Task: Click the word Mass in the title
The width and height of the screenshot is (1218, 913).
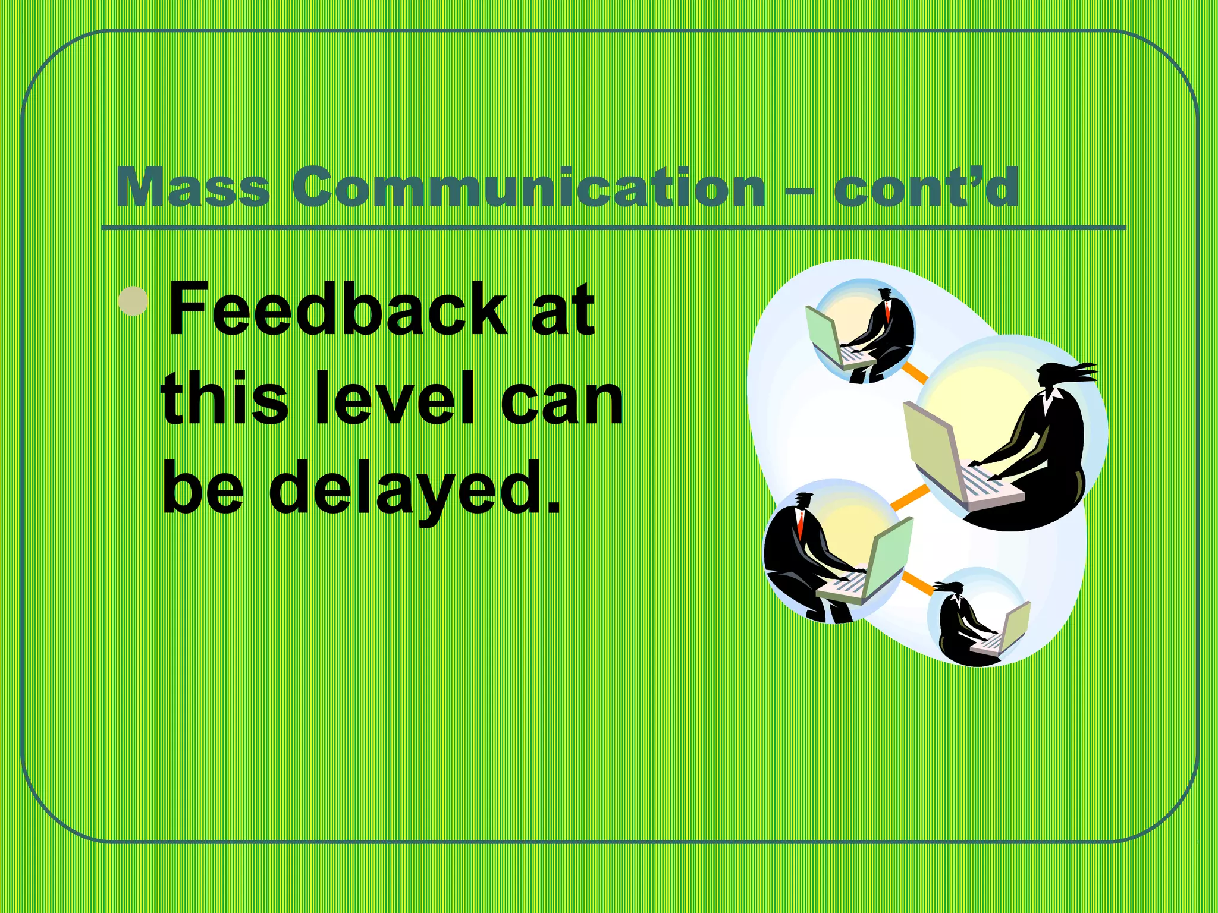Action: [x=193, y=188]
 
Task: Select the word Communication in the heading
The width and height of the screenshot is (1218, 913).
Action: [x=528, y=188]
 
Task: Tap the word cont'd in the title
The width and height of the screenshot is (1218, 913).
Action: [x=926, y=188]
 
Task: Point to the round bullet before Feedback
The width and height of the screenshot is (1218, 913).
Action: [x=133, y=301]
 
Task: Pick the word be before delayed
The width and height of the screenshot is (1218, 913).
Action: [x=203, y=487]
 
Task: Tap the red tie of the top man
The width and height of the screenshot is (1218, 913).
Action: [x=887, y=311]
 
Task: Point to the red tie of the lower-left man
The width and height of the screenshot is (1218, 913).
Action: [x=801, y=523]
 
